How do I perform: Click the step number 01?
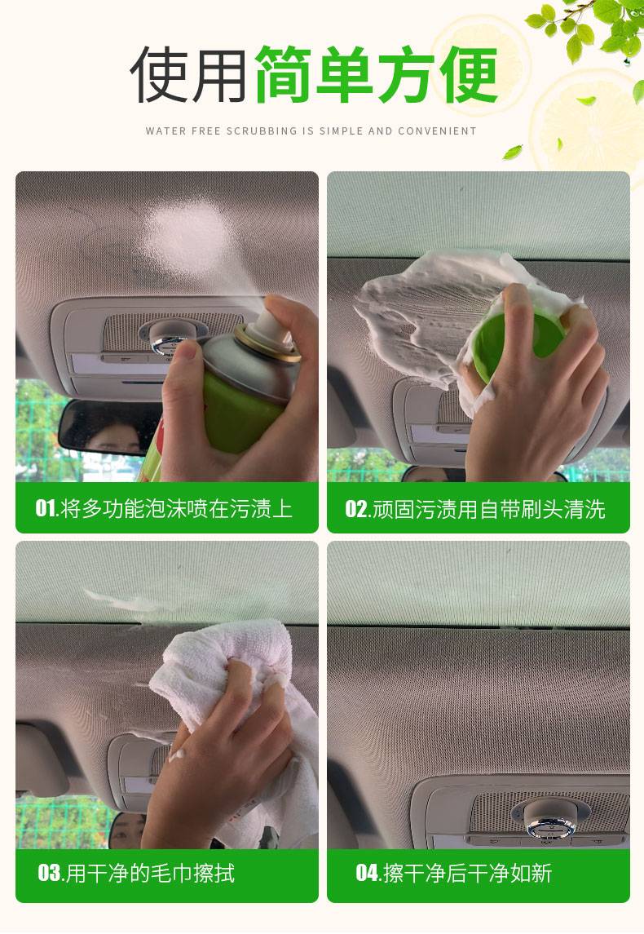[46, 508]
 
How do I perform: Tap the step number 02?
[356, 509]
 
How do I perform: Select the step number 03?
[49, 873]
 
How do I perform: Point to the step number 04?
[367, 873]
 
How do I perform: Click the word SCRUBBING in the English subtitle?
[262, 131]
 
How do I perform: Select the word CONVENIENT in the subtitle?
[438, 131]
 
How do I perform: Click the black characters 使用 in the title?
[188, 75]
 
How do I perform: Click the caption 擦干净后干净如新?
[468, 873]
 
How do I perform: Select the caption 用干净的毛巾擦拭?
[150, 873]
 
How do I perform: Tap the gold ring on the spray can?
[268, 345]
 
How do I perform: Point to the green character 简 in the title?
[284, 75]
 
